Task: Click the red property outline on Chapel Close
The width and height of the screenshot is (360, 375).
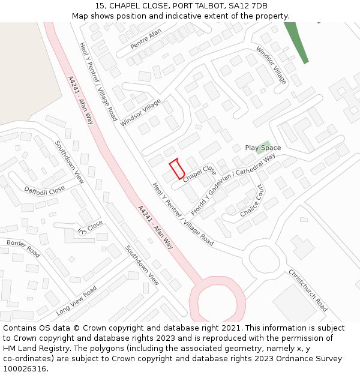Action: tap(177, 169)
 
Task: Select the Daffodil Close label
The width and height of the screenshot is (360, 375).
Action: tap(44, 190)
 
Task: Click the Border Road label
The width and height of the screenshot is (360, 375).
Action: tap(23, 248)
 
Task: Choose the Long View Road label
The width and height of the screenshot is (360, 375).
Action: tap(76, 301)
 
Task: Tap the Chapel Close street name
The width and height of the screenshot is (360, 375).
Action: tap(200, 173)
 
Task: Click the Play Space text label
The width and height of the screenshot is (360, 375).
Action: tap(263, 148)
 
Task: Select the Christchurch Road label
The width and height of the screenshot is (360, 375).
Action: tap(308, 290)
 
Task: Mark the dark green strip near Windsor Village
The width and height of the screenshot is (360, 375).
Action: tap(296, 42)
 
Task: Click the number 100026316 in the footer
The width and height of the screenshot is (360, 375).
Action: tap(25, 368)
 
